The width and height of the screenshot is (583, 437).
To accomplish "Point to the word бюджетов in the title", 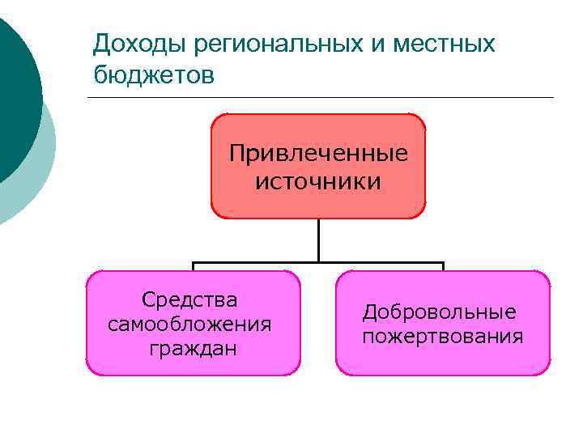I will click(x=154, y=75).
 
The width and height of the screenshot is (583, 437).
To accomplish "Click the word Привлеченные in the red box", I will click(x=318, y=154).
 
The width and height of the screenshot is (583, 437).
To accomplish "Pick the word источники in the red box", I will click(x=318, y=181).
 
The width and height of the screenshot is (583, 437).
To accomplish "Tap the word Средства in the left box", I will click(x=189, y=300).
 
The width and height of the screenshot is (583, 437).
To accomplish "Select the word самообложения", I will click(x=189, y=325).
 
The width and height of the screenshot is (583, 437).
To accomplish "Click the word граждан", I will click(x=193, y=350).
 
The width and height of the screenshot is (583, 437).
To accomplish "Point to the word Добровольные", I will click(x=439, y=312).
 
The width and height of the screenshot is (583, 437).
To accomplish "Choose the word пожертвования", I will click(x=442, y=336).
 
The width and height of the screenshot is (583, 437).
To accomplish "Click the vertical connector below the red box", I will click(x=318, y=240).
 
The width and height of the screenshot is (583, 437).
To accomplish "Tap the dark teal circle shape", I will click(x=15, y=89).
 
